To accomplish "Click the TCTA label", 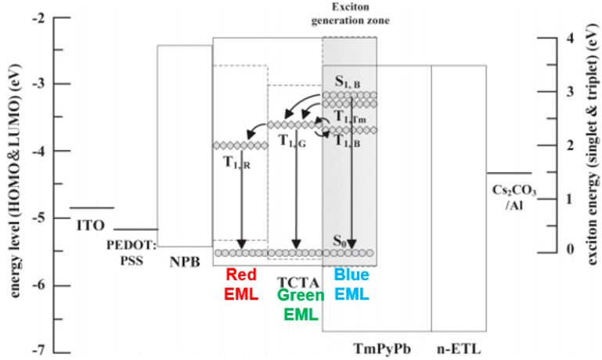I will (x=295, y=279).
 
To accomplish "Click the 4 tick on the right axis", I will (x=547, y=38).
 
